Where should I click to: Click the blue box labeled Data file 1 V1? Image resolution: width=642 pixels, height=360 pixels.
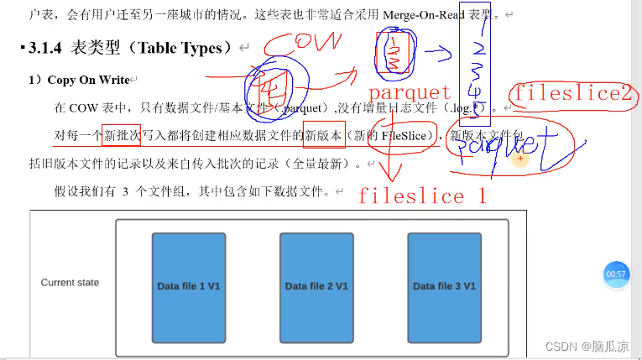coord(189,286)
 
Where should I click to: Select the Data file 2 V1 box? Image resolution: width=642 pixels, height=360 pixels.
coord(316,286)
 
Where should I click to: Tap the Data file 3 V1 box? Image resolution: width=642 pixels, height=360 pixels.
coord(444,286)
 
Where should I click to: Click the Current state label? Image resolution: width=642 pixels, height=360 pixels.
coord(70,283)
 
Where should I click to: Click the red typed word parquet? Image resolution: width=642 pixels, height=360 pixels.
coord(410,91)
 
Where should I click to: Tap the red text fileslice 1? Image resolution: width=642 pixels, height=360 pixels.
coord(423,196)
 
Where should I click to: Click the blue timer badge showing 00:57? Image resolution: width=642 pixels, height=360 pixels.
coord(616,274)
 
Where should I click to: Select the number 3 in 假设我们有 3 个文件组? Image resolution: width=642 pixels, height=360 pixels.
coord(125,191)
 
